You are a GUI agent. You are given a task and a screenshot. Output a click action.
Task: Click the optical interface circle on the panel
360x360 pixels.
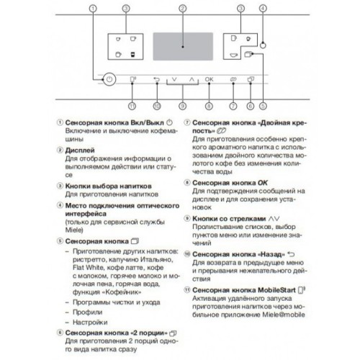(264, 44)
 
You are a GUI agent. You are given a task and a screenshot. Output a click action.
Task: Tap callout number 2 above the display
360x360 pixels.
(182, 9)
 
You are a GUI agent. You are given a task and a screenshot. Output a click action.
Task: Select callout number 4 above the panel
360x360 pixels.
(264, 9)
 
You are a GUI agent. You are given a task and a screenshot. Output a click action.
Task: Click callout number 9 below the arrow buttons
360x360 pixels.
(182, 106)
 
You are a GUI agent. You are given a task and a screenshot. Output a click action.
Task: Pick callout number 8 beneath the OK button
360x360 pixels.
(209, 106)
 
